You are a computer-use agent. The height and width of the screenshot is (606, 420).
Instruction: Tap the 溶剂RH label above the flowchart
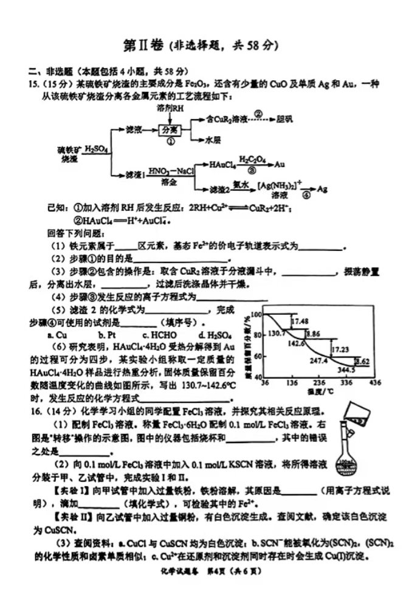[170, 108]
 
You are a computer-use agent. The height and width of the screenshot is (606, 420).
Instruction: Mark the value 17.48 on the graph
[300, 320]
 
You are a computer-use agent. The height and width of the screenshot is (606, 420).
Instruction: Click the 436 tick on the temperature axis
[374, 383]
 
